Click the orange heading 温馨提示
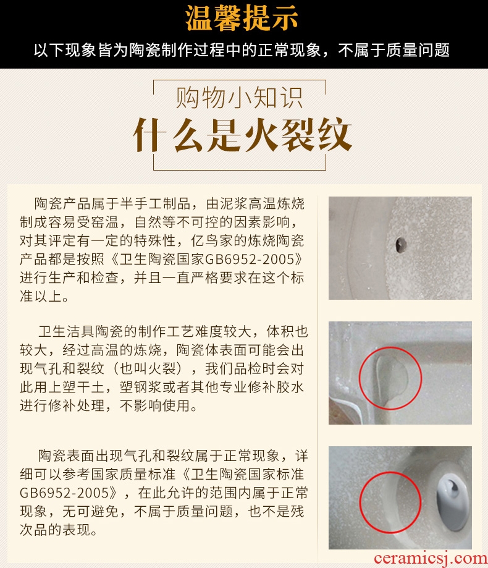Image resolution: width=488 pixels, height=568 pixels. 242,18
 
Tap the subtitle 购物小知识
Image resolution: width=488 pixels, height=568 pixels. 239,98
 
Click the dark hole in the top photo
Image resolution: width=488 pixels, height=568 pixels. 400,245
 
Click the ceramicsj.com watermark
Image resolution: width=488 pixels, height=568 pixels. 431,559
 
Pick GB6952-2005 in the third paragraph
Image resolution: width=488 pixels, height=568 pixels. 64,493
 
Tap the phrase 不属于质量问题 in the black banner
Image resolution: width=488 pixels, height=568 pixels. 394,50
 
